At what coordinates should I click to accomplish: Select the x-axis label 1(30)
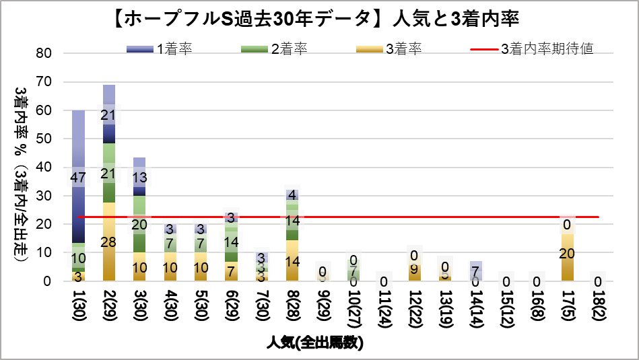[79, 306]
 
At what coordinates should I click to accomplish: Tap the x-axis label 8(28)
[292, 306]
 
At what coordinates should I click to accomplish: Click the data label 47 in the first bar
[78, 178]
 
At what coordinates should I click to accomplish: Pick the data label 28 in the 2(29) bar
[108, 242]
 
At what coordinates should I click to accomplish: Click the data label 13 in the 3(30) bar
[139, 178]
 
